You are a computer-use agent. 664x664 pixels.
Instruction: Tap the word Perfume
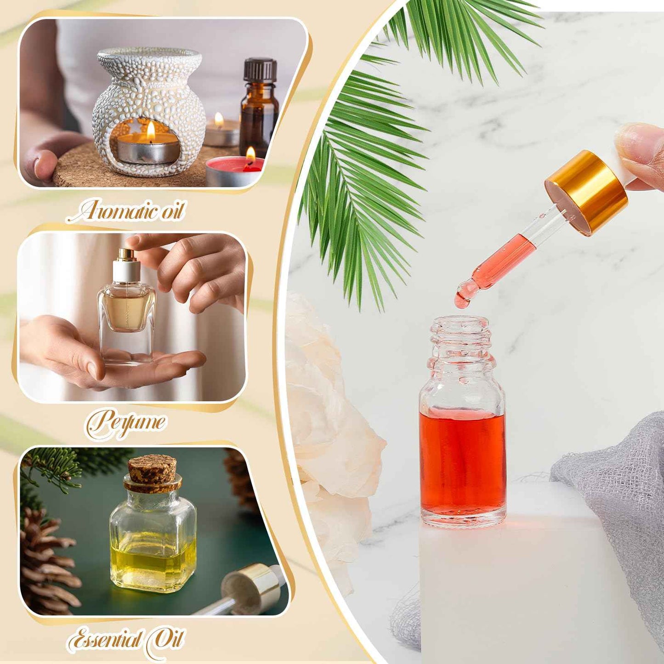click(x=126, y=422)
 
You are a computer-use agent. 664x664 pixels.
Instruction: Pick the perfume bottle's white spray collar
click(x=126, y=271)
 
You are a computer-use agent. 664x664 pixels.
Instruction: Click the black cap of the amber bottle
click(x=260, y=70)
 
